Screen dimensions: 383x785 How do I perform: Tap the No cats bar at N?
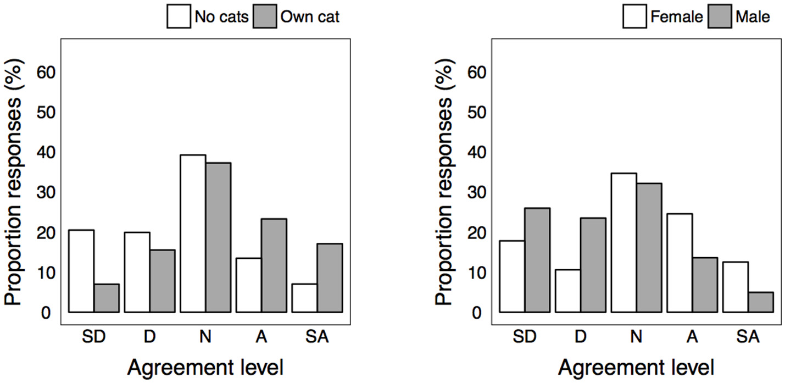pyautogui.click(x=193, y=234)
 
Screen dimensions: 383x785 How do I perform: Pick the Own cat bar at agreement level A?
pyautogui.click(x=274, y=265)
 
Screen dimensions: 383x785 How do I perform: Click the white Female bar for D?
pyautogui.click(x=568, y=291)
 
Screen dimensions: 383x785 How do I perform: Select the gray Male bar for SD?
pyautogui.click(x=537, y=260)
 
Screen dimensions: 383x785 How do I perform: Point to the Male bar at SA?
pyautogui.click(x=761, y=302)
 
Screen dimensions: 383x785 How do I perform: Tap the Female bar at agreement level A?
pyautogui.click(x=680, y=263)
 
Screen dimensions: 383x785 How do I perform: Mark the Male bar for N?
pyautogui.click(x=649, y=247)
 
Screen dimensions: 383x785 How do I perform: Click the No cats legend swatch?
pyautogui.click(x=179, y=16)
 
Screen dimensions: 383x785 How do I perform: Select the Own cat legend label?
pyautogui.click(x=310, y=17)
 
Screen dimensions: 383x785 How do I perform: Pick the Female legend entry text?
pyautogui.click(x=676, y=17)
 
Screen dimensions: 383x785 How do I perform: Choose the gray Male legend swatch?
pyautogui.click(x=719, y=16)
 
